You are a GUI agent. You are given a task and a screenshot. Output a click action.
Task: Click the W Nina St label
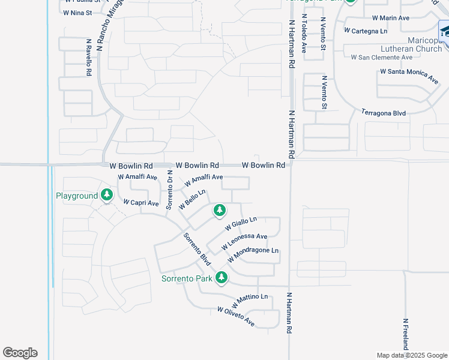(77, 12)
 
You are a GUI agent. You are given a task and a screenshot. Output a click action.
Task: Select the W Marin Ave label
(390, 18)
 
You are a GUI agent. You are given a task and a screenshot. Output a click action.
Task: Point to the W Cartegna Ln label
(365, 31)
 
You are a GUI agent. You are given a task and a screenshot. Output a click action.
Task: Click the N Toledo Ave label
(304, 35)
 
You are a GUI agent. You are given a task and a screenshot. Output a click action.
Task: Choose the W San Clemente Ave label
(382, 57)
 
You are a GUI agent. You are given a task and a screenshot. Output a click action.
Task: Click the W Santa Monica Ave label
(409, 76)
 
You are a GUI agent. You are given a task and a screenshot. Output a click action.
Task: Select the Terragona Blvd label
(384, 112)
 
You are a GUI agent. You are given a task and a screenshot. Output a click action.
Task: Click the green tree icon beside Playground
(107, 195)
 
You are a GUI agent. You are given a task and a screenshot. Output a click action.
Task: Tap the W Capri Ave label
(140, 203)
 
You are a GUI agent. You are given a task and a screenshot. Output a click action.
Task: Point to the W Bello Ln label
(192, 199)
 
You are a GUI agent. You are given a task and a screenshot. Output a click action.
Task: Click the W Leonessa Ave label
(244, 241)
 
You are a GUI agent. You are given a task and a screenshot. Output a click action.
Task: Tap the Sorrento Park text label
(188, 278)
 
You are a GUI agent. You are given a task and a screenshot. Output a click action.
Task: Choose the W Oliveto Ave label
(235, 317)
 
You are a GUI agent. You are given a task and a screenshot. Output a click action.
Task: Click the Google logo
(20, 353)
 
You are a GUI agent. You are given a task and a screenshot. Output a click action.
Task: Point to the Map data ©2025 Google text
(411, 355)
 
